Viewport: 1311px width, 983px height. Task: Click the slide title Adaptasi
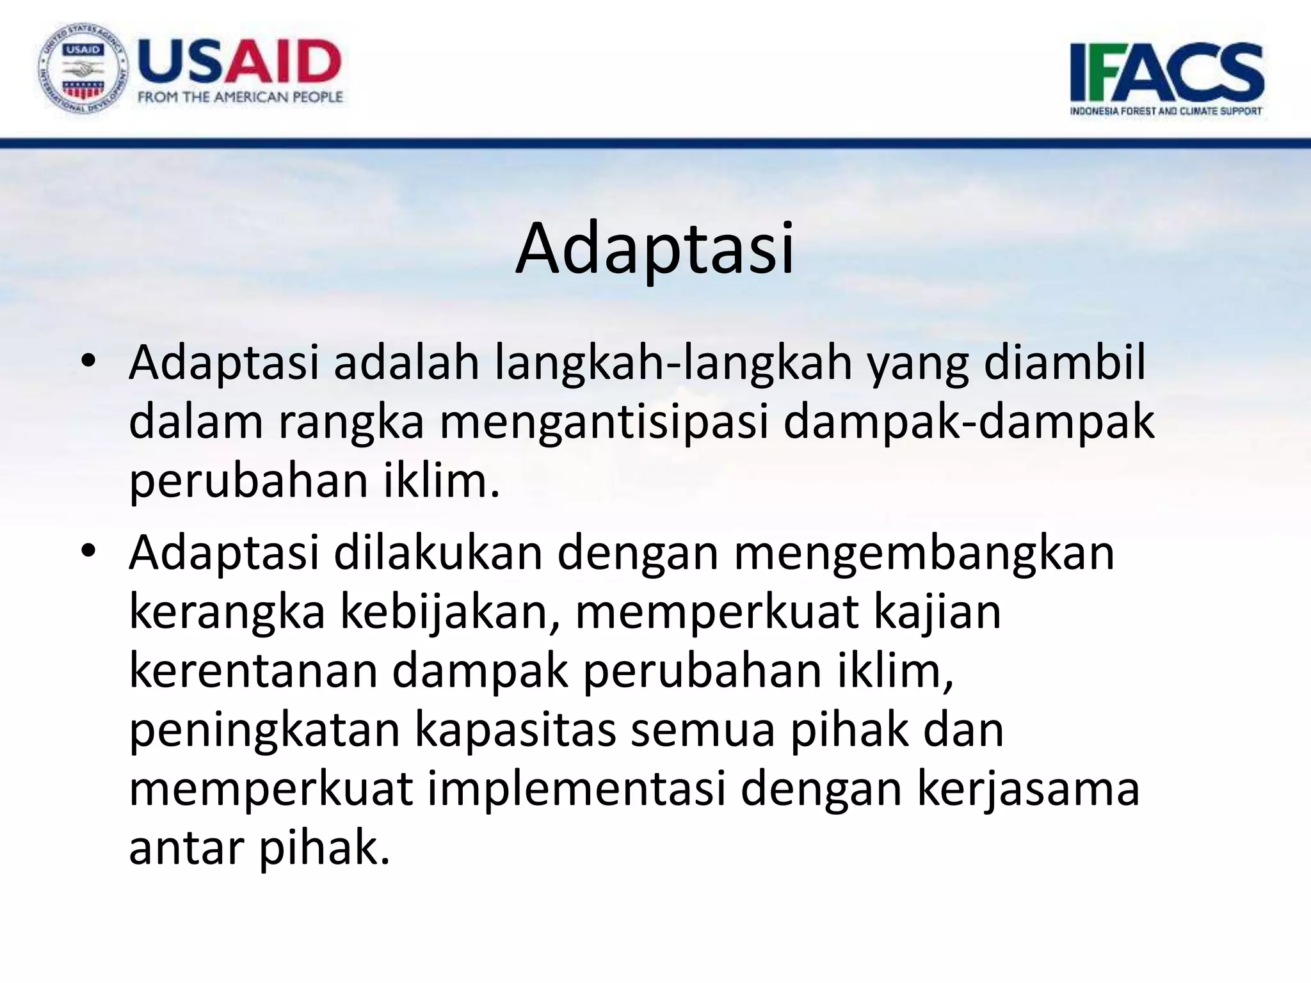[x=654, y=249]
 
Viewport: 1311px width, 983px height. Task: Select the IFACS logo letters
[x=1166, y=72]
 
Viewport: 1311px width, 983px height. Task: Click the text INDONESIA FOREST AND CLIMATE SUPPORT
[x=1166, y=111]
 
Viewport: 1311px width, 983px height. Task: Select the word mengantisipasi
[x=604, y=422]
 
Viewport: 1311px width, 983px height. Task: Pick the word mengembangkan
[x=924, y=552]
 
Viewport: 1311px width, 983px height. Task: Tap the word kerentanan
[x=253, y=671]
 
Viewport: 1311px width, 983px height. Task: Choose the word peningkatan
[x=264, y=730]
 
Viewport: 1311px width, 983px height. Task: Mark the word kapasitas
[x=515, y=730]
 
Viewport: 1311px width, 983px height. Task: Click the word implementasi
[x=576, y=789]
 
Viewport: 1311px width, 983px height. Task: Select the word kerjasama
[x=1029, y=789]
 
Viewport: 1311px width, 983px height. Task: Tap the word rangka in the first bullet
[x=351, y=422]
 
